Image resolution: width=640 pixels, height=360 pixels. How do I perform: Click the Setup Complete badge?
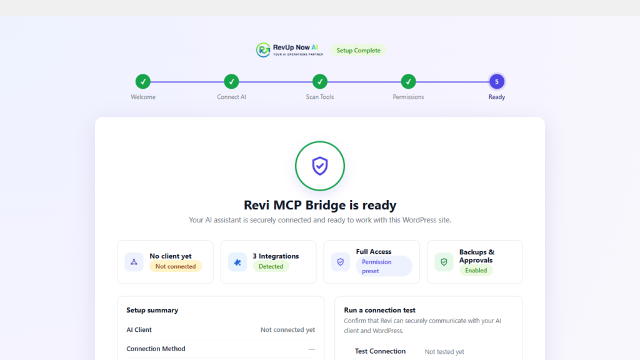[x=358, y=50]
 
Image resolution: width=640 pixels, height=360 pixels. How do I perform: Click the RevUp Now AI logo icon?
[x=263, y=50]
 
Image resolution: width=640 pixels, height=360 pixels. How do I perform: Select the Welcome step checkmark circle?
[x=143, y=82]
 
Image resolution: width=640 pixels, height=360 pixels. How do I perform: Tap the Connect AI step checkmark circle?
[x=231, y=82]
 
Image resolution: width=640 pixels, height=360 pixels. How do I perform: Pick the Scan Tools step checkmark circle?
[x=320, y=82]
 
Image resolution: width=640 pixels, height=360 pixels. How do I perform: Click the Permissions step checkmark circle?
[x=408, y=82]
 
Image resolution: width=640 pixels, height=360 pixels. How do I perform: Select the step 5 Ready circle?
[x=497, y=82]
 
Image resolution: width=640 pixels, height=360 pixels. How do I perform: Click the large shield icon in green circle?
[x=320, y=166]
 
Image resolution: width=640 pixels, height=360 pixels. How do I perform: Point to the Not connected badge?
[x=176, y=266]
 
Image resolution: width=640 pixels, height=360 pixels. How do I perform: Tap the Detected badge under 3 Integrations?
[x=271, y=266]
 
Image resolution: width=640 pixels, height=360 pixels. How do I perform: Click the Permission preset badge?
[x=384, y=266]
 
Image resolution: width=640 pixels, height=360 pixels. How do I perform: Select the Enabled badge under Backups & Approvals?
[x=476, y=270]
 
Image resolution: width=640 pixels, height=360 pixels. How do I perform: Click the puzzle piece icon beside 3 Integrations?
[x=237, y=262]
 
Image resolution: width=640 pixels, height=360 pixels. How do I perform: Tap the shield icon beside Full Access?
[x=341, y=262]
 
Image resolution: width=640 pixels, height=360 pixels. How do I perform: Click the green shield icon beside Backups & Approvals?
[x=444, y=262]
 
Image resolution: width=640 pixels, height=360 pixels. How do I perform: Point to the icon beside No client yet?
[x=134, y=262]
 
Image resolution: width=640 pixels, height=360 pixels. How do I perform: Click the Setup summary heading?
[x=152, y=310]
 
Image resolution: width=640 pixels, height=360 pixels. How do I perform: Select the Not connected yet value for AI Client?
[x=287, y=330]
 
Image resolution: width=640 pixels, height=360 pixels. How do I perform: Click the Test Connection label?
[x=380, y=351]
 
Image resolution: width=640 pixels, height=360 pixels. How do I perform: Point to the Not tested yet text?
[x=444, y=351]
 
